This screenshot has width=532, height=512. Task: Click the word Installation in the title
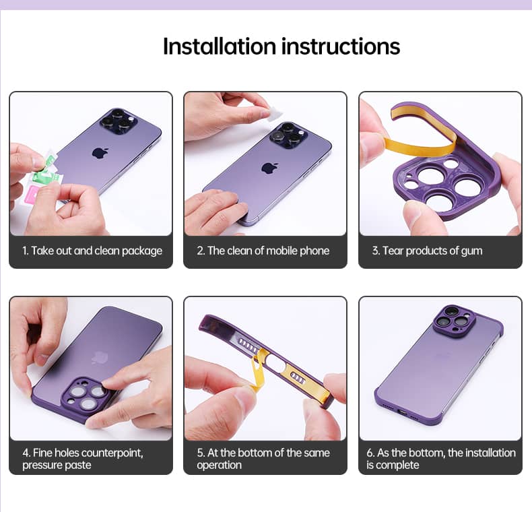pyautogui.click(x=220, y=46)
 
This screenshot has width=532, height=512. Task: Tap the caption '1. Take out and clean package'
pyautogui.click(x=92, y=251)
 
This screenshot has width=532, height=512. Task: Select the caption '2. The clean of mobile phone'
pyautogui.click(x=263, y=251)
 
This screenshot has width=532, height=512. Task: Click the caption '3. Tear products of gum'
pyautogui.click(x=427, y=251)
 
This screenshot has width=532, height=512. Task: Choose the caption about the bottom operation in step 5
pyautogui.click(x=263, y=458)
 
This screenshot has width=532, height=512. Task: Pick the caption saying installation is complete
pyautogui.click(x=440, y=458)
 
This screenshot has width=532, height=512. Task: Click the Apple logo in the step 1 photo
pyautogui.click(x=100, y=152)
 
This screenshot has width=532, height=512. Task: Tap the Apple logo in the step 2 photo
pyautogui.click(x=270, y=167)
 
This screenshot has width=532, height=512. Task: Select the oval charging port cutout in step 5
pyautogui.click(x=275, y=362)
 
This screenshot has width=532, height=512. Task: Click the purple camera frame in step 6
pyautogui.click(x=453, y=319)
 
